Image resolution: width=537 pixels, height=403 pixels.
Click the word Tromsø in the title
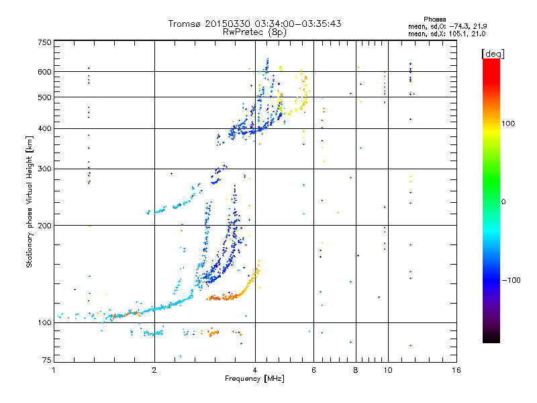(x=185, y=24)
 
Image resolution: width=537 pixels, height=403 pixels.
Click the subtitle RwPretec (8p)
(x=254, y=32)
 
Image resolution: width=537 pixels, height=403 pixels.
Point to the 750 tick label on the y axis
(x=45, y=42)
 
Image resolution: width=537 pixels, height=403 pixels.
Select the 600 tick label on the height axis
(x=45, y=72)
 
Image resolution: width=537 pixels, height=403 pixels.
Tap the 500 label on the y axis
(x=45, y=97)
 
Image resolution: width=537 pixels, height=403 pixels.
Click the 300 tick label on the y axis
(x=45, y=169)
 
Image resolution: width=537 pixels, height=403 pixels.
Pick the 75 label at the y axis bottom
(x=47, y=360)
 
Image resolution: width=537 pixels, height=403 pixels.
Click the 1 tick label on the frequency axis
(x=54, y=370)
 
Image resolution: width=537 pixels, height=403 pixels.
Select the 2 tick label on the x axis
(x=154, y=370)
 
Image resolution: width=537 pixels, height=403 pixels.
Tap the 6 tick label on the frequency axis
(x=313, y=370)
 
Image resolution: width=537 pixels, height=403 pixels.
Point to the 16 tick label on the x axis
(x=456, y=370)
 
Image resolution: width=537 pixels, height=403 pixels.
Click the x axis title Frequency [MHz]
(x=254, y=379)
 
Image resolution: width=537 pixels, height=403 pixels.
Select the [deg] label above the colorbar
(x=493, y=54)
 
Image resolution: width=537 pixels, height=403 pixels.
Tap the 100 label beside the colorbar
(x=508, y=124)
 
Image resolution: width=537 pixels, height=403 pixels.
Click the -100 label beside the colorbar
(x=511, y=280)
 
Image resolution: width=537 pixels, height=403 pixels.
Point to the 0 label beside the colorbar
(x=503, y=202)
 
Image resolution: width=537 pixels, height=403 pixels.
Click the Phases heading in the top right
(x=435, y=19)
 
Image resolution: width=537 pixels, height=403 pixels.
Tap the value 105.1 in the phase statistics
(x=459, y=34)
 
